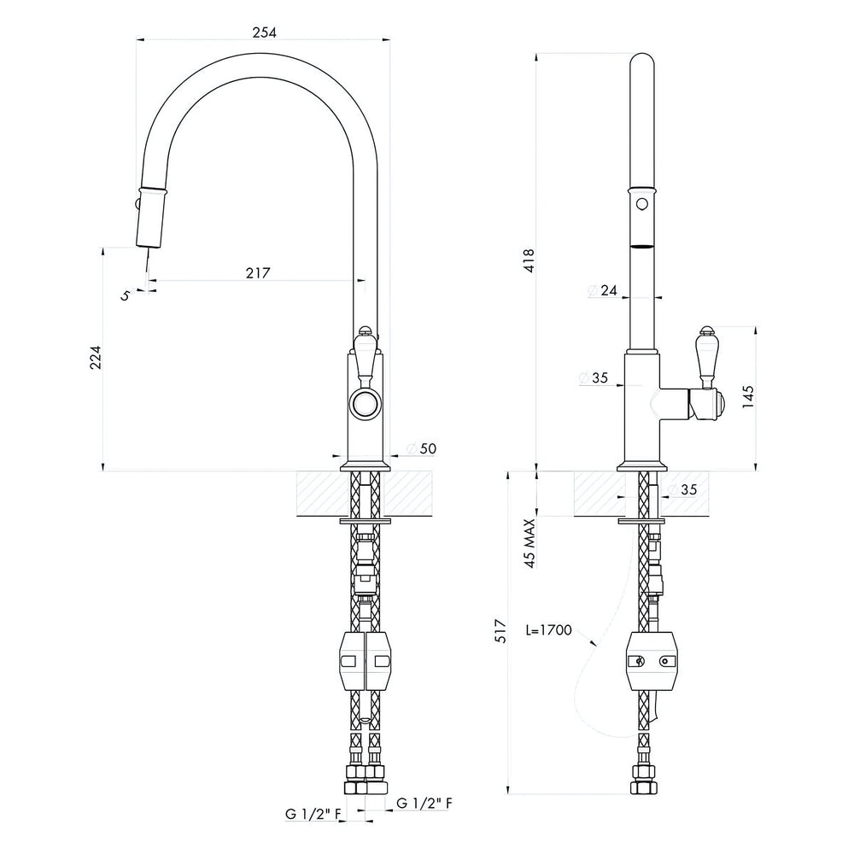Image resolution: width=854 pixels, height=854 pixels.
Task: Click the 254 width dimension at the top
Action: coord(264,32)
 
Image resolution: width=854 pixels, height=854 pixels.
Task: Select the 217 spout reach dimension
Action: coord(258,272)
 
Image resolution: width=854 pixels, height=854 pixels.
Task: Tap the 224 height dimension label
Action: coord(96,357)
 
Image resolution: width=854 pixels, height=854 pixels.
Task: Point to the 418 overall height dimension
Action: coord(529,260)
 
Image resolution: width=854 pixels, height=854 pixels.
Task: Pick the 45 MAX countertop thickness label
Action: coord(529,543)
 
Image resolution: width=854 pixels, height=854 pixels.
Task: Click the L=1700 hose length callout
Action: coord(548,630)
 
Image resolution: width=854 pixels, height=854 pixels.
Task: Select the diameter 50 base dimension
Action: coord(422,448)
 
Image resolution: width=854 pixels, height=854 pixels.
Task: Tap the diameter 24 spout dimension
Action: coord(602,290)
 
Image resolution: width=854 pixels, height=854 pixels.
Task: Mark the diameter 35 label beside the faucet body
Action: coord(594,377)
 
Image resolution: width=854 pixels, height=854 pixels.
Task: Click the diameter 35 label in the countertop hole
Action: coord(681,489)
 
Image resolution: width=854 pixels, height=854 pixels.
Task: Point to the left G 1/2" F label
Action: coord(313,814)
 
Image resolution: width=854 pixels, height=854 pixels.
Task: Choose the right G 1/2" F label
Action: coord(424,802)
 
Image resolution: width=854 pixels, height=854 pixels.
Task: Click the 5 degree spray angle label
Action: coord(126,295)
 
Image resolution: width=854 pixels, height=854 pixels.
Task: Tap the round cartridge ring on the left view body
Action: coord(365,404)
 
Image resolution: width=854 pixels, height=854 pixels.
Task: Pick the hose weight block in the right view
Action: coord(652,661)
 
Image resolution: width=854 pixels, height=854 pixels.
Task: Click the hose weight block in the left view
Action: coord(365,661)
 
